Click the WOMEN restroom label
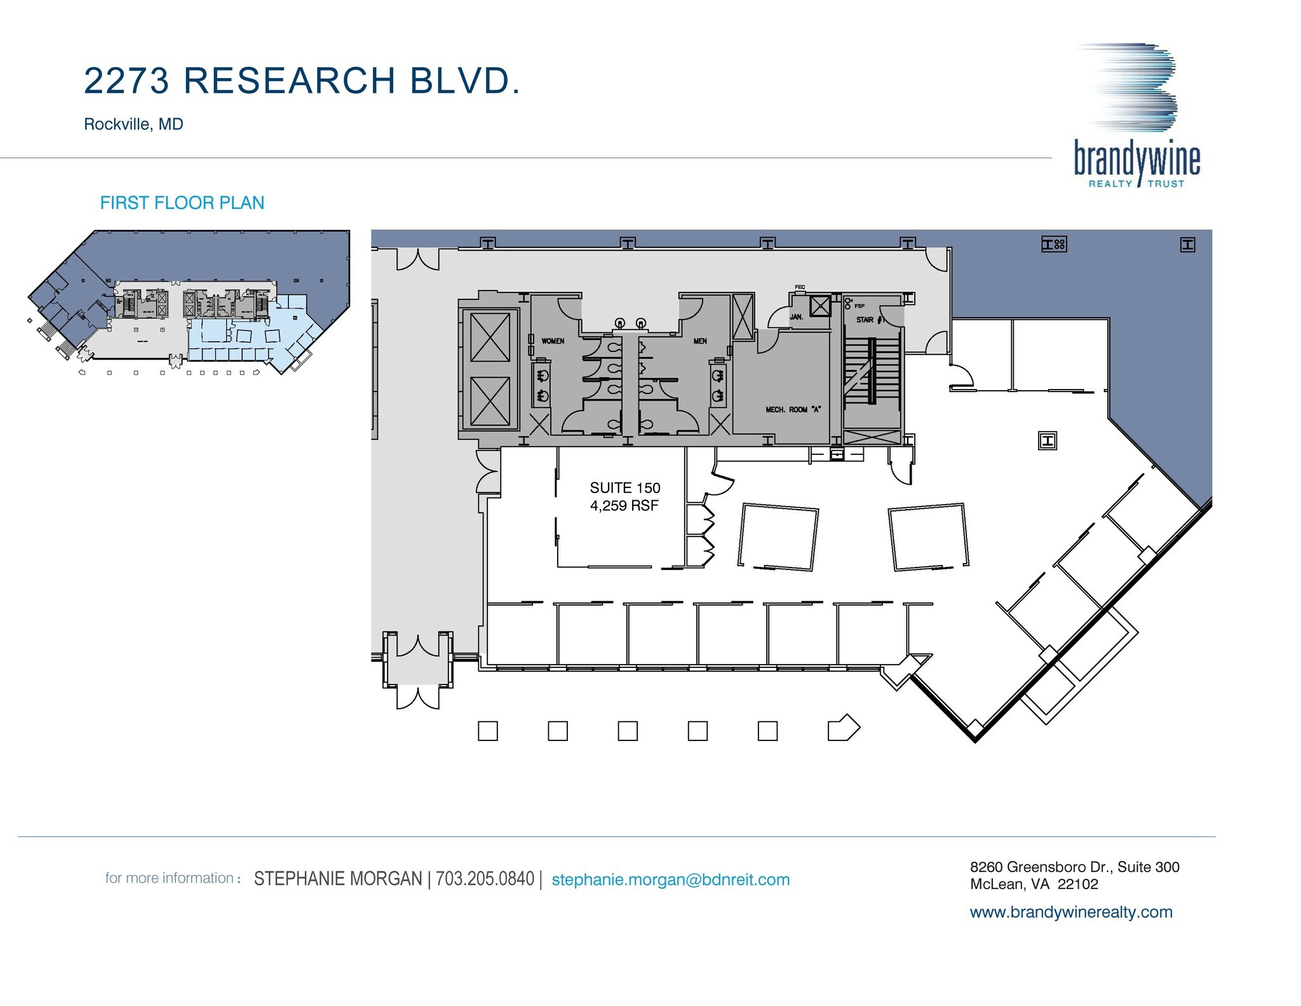pyautogui.click(x=553, y=341)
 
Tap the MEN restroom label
pyautogui.click(x=700, y=341)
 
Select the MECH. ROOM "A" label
pyautogui.click(x=793, y=410)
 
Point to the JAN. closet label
pyautogui.click(x=797, y=316)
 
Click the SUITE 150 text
pyautogui.click(x=625, y=487)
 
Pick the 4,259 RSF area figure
pyautogui.click(x=624, y=506)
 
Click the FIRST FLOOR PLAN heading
pyautogui.click(x=182, y=203)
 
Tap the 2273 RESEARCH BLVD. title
pyautogui.click(x=302, y=81)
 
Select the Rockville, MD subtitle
pyautogui.click(x=133, y=124)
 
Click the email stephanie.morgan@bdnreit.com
pyautogui.click(x=671, y=880)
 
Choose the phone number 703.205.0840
pyautogui.click(x=485, y=879)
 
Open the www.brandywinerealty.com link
pyautogui.click(x=1071, y=912)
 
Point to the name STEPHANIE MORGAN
pyautogui.click(x=338, y=879)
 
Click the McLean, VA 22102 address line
pyautogui.click(x=1034, y=884)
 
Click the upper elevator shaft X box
pyautogui.click(x=490, y=337)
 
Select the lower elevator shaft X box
pyautogui.click(x=490, y=402)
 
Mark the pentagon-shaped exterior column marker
pyautogui.click(x=844, y=729)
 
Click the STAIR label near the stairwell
pyautogui.click(x=865, y=320)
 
